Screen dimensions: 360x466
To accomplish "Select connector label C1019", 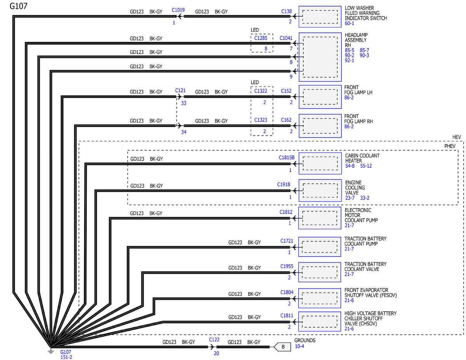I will (x=178, y=10).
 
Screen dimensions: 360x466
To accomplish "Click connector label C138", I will (x=286, y=12).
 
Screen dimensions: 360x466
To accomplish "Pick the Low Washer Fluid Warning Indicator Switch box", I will (x=320, y=17).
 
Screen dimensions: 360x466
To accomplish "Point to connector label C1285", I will (x=261, y=38).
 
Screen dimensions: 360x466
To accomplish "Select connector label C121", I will (x=180, y=90).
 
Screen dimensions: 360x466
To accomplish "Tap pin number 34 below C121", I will (x=184, y=132).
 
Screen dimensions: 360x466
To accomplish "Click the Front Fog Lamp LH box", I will (x=320, y=97).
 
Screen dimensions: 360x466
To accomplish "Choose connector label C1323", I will (x=261, y=120).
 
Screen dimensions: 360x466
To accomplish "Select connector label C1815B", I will (x=287, y=158).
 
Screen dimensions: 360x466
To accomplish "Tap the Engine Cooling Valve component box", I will (x=320, y=190).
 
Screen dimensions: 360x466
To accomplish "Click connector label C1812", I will (x=286, y=212).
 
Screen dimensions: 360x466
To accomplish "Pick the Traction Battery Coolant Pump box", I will (x=320, y=247).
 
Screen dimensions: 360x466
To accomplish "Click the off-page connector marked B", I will (x=282, y=347).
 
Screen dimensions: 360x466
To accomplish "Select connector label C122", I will (x=214, y=339).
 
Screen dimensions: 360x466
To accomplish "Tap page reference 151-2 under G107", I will (x=66, y=357).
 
